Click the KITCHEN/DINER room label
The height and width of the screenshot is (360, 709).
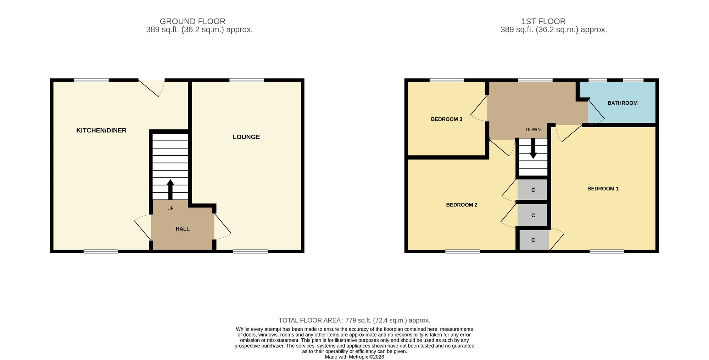point(101,131)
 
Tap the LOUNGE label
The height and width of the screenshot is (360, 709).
point(246,137)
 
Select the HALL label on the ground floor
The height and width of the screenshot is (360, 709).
point(183,229)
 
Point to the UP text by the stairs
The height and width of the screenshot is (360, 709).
point(171,209)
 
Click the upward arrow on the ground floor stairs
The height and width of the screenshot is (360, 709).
point(170,190)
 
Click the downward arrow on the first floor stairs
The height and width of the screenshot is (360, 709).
point(533,148)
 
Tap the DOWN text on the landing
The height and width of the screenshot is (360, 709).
point(533,130)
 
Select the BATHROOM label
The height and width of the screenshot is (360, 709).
point(623,103)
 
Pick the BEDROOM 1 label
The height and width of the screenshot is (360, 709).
point(603,189)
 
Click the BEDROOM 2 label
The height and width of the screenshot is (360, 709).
point(462,205)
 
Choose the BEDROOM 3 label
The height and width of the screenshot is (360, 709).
point(447,120)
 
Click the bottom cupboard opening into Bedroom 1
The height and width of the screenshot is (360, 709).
point(533,240)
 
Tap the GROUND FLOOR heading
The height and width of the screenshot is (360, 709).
point(192,22)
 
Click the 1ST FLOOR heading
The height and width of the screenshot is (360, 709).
point(543,22)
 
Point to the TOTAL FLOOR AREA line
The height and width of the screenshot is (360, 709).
point(354,321)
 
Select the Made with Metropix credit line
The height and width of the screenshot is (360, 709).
point(354,357)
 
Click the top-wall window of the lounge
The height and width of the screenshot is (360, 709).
point(247,80)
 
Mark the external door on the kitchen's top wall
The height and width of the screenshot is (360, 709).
point(152,88)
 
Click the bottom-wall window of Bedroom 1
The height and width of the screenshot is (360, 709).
point(607,251)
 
